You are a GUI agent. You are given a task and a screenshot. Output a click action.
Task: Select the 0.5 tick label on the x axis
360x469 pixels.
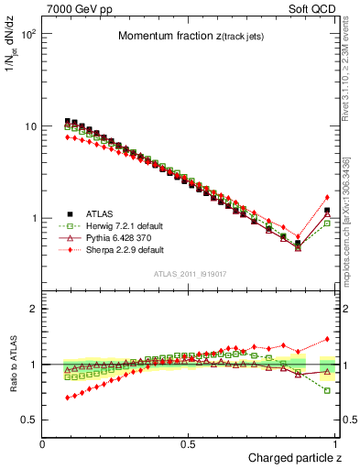pos(189,443)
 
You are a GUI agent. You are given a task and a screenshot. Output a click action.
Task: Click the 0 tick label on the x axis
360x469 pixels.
pos(43,443)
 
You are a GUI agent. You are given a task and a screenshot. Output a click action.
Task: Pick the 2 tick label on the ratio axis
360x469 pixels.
pos(34,309)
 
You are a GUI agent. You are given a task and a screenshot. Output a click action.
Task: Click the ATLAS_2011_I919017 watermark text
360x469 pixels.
pos(190,274)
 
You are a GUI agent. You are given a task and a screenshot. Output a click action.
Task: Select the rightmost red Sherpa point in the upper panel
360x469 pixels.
pos(327,197)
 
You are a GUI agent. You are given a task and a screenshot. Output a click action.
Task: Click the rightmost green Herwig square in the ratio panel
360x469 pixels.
pos(327,390)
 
